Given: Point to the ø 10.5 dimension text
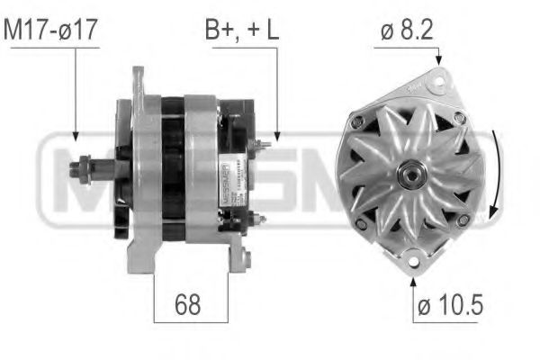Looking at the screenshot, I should point(451,306).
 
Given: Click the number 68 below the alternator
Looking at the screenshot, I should point(187,306).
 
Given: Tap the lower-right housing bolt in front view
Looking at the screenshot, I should point(463,220).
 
